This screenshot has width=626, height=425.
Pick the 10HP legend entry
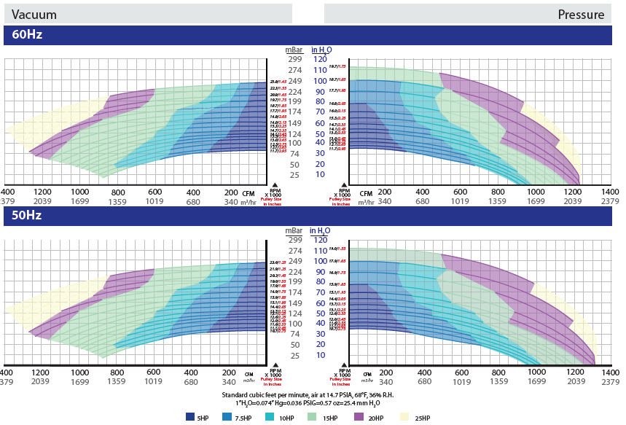coord(286,417)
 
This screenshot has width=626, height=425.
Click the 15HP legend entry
coord(331,417)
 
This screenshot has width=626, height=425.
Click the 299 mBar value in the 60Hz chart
coord(294,59)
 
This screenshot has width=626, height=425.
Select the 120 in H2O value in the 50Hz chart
coord(319,240)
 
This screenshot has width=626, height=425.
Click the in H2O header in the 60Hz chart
coord(321,50)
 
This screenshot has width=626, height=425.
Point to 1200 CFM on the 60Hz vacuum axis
coord(42,191)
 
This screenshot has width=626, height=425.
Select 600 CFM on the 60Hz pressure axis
coord(461,191)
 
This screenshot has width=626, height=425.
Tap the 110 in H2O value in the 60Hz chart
coord(319,70)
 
